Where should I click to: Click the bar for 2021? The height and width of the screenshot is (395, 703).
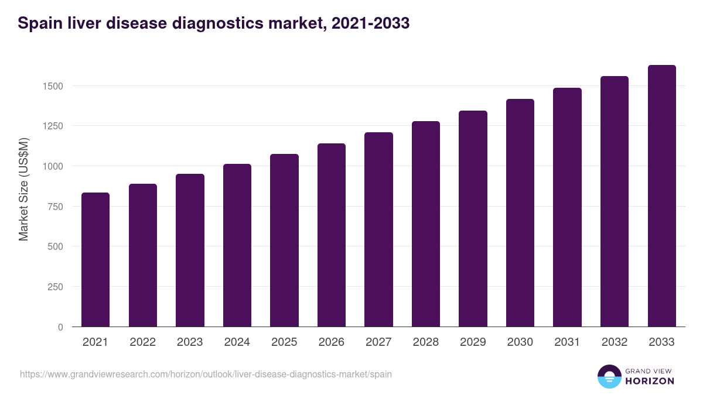point(95,260)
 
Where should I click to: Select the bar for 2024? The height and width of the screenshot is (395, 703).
point(237,245)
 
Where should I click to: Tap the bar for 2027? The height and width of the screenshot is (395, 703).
point(378,229)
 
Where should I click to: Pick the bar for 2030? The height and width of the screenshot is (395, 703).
point(520,213)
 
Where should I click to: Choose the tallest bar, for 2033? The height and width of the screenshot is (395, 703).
point(661,196)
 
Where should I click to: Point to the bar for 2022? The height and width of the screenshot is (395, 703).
point(143,255)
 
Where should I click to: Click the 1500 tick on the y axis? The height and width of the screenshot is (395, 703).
point(52,86)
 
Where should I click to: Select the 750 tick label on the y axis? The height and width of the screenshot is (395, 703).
point(54,207)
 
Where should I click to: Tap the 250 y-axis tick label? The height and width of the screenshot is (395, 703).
point(54,287)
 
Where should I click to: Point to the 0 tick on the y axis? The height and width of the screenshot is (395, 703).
point(60,327)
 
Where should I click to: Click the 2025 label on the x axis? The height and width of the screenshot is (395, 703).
point(284,342)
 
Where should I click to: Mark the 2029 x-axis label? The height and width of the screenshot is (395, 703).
point(473,342)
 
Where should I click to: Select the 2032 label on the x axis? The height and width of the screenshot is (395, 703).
point(615,342)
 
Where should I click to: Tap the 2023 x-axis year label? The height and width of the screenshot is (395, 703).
point(190,342)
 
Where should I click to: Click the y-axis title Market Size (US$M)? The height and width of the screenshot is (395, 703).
point(24,189)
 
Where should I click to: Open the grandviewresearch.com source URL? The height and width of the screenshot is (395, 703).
point(206,374)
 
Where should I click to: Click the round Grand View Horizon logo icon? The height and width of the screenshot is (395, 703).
point(609,376)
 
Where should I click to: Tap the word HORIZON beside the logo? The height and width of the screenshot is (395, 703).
point(649,381)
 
